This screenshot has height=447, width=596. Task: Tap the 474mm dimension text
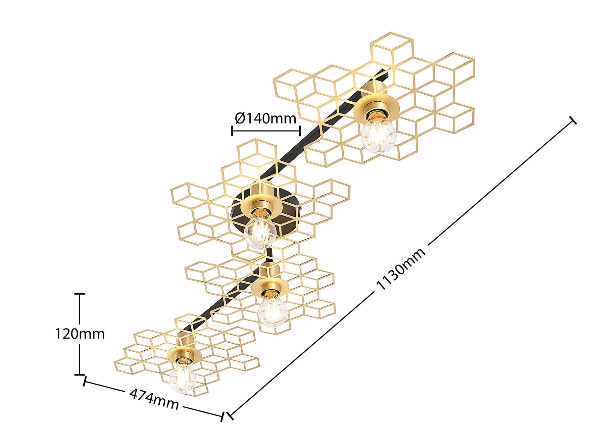click(154, 399)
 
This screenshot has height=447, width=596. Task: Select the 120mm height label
click(80, 334)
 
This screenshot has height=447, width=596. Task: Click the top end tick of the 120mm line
click(80, 294)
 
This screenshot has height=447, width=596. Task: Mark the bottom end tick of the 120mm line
click(80, 374)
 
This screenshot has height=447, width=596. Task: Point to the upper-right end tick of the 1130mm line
click(573, 120)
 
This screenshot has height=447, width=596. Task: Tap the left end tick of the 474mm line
click(85, 382)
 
